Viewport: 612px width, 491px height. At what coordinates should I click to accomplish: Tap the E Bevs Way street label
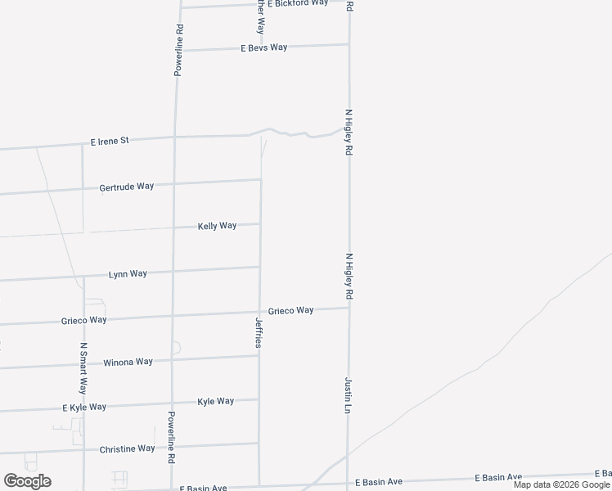click(263, 47)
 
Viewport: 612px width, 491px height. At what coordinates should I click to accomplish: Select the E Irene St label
click(110, 141)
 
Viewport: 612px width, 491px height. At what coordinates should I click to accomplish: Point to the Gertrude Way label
click(126, 187)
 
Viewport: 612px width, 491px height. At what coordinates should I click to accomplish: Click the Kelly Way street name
click(217, 226)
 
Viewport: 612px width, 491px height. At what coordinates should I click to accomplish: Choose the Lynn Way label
click(128, 274)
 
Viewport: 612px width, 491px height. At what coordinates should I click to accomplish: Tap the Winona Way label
click(128, 362)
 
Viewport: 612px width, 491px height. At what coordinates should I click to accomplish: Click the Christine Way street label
click(127, 448)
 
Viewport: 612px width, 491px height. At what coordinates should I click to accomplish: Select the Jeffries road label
click(259, 333)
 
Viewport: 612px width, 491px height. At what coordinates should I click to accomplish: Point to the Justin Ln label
click(348, 394)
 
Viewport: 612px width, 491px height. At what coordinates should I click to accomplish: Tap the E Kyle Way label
click(84, 407)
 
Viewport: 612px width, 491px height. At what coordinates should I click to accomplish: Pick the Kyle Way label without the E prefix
click(216, 402)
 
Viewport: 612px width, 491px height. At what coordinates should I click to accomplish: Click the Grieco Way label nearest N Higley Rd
click(291, 311)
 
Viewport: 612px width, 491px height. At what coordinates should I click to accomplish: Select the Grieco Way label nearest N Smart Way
click(83, 320)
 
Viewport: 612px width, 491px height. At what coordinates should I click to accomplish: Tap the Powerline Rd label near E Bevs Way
click(178, 51)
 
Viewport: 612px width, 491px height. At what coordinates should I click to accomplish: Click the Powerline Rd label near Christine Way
click(172, 438)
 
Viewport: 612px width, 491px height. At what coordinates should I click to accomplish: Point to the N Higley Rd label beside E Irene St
click(348, 133)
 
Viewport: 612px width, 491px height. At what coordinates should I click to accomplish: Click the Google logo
click(27, 481)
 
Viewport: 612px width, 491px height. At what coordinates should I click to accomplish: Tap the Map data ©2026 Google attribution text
click(561, 484)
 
